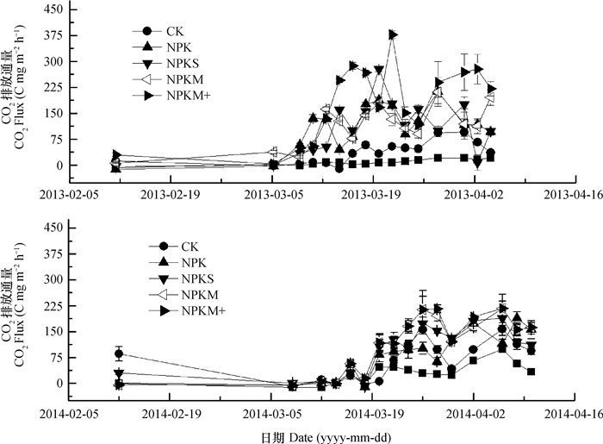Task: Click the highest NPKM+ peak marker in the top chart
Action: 393,34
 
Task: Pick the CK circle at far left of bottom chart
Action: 119,353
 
